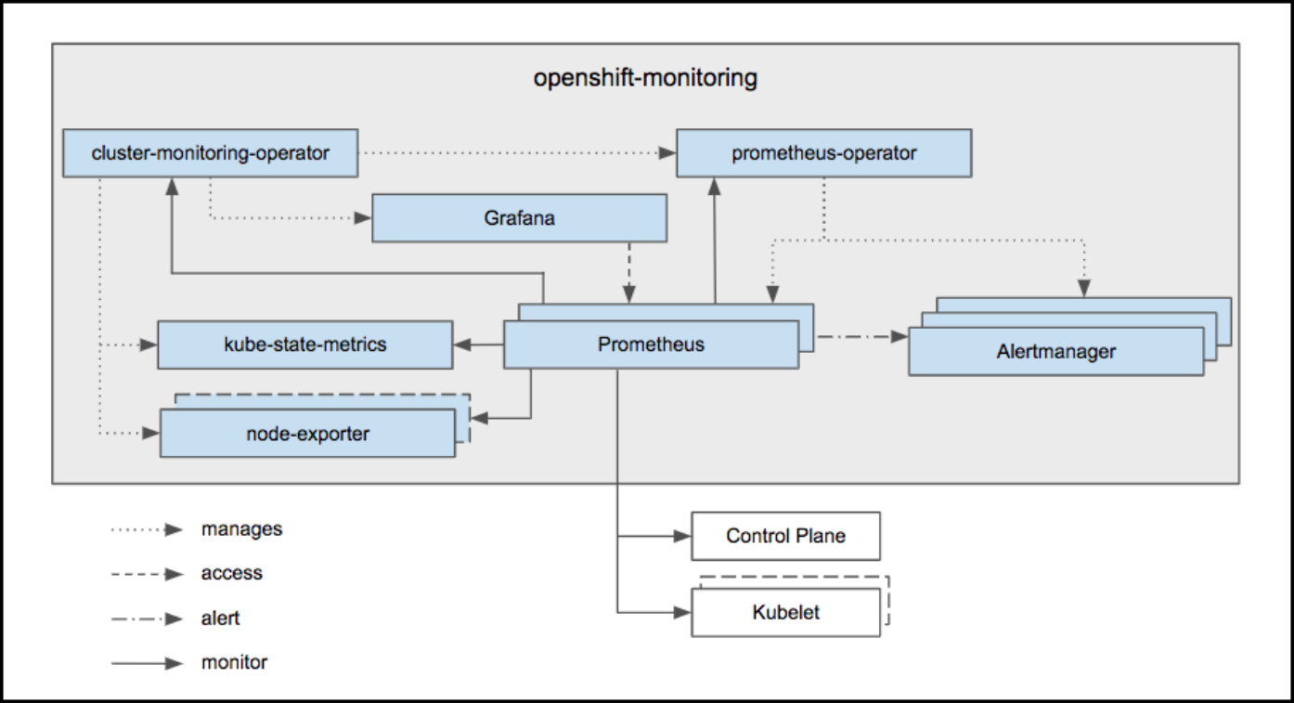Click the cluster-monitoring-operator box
click(210, 153)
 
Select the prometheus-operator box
click(823, 153)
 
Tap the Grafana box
click(519, 218)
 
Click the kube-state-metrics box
click(304, 345)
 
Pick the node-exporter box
click(307, 434)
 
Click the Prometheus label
click(651, 345)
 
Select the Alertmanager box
click(1055, 352)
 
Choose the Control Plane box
click(785, 536)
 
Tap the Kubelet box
click(785, 612)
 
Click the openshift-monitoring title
click(645, 78)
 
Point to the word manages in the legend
click(241, 529)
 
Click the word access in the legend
click(231, 574)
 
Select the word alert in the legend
click(220, 618)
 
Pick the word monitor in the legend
click(234, 663)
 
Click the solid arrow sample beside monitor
click(147, 663)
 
